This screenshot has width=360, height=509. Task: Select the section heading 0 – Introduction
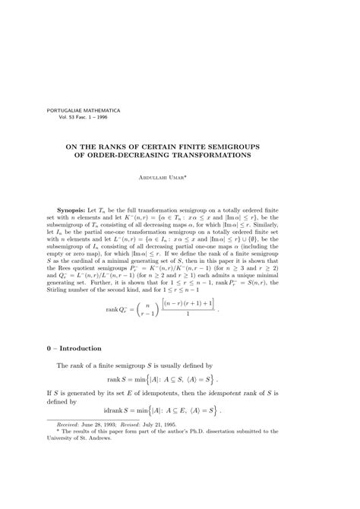[x=74, y=349]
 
